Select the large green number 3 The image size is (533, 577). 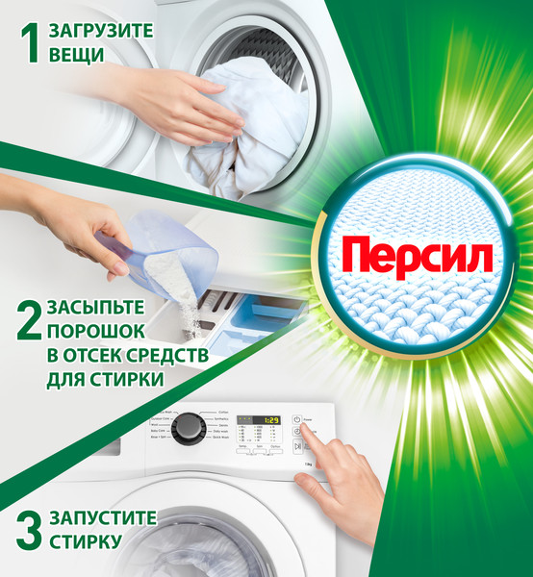point(30,529)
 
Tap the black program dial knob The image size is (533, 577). point(188,428)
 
